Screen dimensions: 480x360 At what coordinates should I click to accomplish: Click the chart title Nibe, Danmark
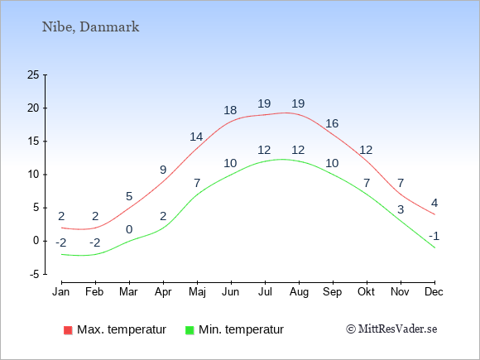click(90, 27)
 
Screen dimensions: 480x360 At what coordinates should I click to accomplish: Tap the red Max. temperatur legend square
click(68, 330)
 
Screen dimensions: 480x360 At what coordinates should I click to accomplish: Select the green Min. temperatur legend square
click(190, 330)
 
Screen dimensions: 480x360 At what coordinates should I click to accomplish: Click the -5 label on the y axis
click(35, 274)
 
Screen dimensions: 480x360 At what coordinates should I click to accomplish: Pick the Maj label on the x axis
click(197, 292)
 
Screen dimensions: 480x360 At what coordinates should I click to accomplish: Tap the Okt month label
click(366, 291)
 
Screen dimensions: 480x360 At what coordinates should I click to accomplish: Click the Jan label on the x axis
click(61, 291)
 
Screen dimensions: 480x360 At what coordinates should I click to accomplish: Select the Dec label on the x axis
click(434, 291)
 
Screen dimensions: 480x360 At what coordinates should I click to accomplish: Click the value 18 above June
click(230, 110)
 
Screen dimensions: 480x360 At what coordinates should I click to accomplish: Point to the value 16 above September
click(332, 123)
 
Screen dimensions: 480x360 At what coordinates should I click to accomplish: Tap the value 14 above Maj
click(196, 137)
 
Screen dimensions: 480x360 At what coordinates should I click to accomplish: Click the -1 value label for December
click(434, 236)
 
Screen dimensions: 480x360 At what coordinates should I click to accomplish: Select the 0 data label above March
click(129, 229)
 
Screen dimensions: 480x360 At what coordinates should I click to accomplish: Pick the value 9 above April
click(163, 170)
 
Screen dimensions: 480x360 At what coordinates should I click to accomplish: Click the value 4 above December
click(434, 203)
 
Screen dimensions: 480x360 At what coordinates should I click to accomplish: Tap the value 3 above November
click(401, 209)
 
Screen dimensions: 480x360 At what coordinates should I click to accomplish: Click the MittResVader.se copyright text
click(391, 329)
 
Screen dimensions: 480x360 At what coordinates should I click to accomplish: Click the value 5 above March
click(129, 196)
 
